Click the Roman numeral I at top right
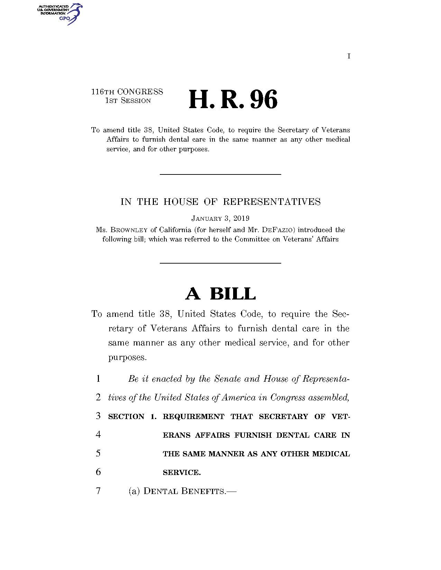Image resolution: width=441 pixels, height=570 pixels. tap(349, 56)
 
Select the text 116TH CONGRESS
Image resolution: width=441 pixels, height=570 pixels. tap(127, 92)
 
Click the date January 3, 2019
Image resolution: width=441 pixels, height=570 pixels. tap(220, 218)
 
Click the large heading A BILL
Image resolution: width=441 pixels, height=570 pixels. tap(220, 294)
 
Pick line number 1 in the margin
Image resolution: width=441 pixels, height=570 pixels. tap(99, 379)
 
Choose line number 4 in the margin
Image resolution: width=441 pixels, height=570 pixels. tap(99, 435)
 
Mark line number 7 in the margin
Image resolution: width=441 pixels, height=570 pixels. tap(99, 491)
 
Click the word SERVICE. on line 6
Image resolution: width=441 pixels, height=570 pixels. tap(182, 472)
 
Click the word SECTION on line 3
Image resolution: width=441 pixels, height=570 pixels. tap(126, 416)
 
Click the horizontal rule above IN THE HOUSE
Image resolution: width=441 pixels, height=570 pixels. tap(220, 174)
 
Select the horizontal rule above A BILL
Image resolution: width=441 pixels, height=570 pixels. tap(220, 263)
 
